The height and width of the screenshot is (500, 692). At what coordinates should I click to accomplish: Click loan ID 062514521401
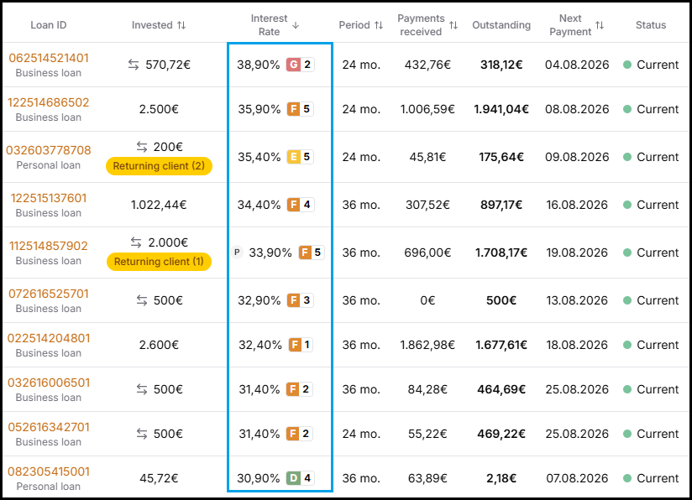pyautogui.click(x=49, y=58)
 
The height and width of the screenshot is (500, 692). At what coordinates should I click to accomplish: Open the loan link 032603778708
pyautogui.click(x=49, y=150)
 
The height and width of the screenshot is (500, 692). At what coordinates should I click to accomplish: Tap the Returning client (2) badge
pyautogui.click(x=159, y=166)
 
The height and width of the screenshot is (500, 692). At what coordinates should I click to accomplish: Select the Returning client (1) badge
pyautogui.click(x=159, y=262)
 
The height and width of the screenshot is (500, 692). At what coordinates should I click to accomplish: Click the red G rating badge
pyautogui.click(x=293, y=65)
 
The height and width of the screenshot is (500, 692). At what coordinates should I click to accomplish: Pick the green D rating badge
pyautogui.click(x=293, y=478)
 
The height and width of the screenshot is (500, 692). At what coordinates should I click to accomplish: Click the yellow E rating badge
pyautogui.click(x=293, y=157)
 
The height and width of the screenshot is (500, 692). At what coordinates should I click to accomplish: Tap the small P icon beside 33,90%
pyautogui.click(x=237, y=253)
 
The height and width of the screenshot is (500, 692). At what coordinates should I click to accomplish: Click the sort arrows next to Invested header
pyautogui.click(x=181, y=25)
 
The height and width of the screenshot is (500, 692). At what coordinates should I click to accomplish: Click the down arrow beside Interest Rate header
pyautogui.click(x=296, y=25)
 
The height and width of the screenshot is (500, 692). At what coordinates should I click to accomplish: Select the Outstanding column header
pyautogui.click(x=501, y=25)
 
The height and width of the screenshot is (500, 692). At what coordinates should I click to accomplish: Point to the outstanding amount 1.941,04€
pyautogui.click(x=501, y=109)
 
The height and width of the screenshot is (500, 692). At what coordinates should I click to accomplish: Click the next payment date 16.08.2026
pyautogui.click(x=577, y=205)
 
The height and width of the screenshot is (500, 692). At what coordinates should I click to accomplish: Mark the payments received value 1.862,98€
pyautogui.click(x=427, y=345)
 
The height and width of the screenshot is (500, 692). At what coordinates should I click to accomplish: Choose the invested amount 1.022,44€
pyautogui.click(x=159, y=205)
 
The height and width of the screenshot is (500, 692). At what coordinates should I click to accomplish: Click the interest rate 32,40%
pyautogui.click(x=260, y=345)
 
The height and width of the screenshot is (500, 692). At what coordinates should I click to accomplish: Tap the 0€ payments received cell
pyautogui.click(x=427, y=300)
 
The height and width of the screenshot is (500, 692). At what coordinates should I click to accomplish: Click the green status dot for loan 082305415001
pyautogui.click(x=627, y=478)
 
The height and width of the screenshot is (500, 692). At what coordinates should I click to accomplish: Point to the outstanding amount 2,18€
pyautogui.click(x=501, y=478)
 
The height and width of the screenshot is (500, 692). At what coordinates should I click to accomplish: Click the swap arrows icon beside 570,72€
pyautogui.click(x=134, y=65)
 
